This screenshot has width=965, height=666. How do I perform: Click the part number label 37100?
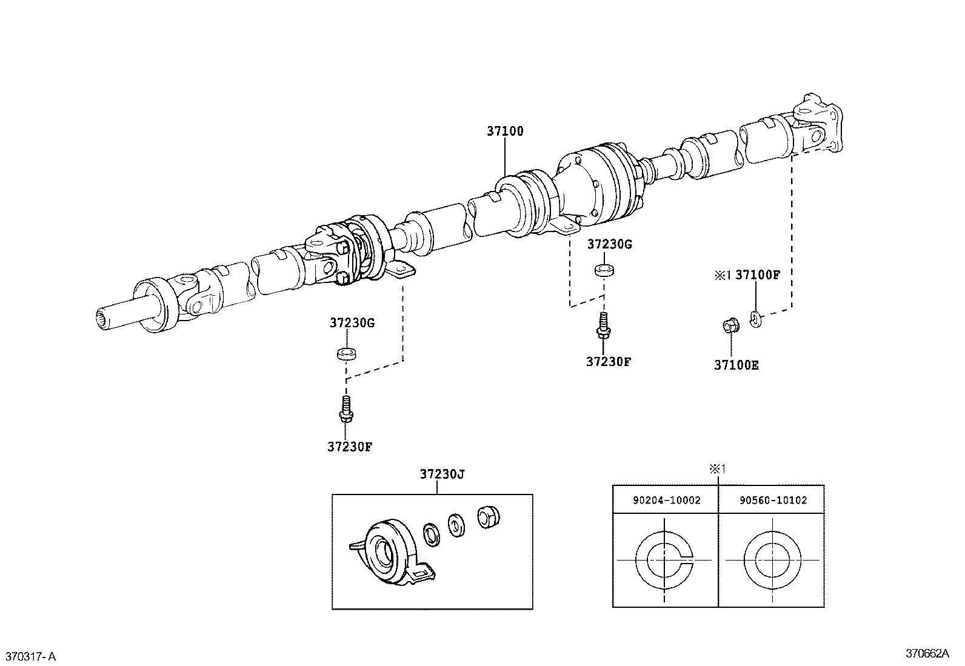505,131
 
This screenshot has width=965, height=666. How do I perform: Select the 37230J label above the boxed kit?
442,475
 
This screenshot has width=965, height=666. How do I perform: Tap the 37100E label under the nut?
736,365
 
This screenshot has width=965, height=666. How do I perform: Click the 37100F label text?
758,275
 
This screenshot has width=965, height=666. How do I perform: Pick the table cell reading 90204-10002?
666,501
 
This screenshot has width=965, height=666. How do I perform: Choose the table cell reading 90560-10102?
772,501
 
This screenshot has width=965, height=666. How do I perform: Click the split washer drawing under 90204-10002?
665,561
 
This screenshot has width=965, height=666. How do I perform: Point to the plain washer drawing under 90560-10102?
772,561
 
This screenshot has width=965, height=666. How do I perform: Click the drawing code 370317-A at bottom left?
31,656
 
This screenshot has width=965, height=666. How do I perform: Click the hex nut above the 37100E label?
730,325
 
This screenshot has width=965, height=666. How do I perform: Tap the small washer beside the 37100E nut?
755,318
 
